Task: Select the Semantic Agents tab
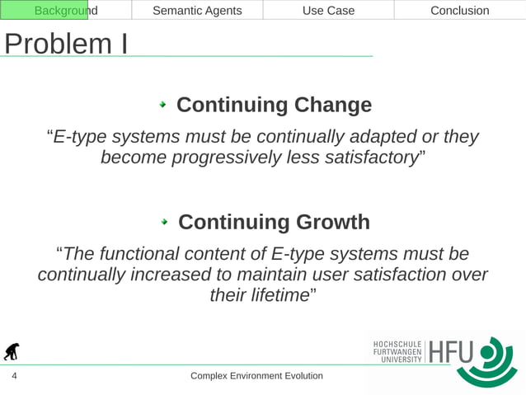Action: (197, 11)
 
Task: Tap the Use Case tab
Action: (328, 11)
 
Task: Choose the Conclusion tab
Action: (459, 11)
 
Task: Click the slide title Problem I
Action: (65, 44)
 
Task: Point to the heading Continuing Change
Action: (274, 106)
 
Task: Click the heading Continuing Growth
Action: (274, 223)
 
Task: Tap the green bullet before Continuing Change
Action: (163, 106)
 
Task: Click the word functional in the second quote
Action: (152, 253)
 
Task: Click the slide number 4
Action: (14, 377)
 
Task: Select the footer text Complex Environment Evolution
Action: (256, 376)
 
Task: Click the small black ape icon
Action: (12, 352)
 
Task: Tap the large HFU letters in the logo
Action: (452, 352)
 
